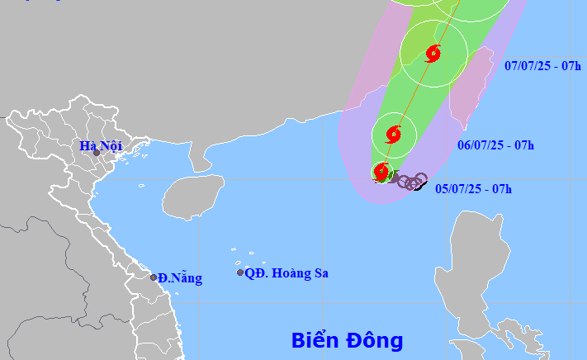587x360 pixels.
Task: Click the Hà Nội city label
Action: point(100,146)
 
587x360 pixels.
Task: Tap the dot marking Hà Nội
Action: point(97,153)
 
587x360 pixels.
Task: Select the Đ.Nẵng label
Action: point(180,278)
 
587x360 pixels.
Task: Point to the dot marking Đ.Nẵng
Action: point(153,277)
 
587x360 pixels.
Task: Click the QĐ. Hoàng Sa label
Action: point(286,272)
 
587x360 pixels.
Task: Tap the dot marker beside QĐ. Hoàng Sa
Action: point(240,272)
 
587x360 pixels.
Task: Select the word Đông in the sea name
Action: point(375,340)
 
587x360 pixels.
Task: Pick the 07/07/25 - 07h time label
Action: point(542,65)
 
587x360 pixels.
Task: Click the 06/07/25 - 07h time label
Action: point(495,145)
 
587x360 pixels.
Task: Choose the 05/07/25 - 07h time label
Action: point(473,189)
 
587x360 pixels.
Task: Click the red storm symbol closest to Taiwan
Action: point(433,54)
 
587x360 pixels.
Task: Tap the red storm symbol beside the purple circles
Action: point(381,173)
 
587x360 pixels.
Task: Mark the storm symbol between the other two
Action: point(393,134)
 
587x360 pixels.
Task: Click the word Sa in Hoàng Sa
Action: point(320,272)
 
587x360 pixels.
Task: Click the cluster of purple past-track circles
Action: point(409,181)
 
